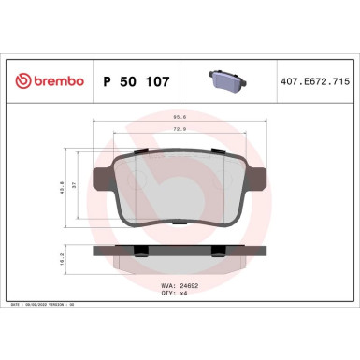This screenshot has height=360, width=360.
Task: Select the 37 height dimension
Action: (77, 186)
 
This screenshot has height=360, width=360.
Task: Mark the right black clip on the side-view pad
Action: (218, 249)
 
